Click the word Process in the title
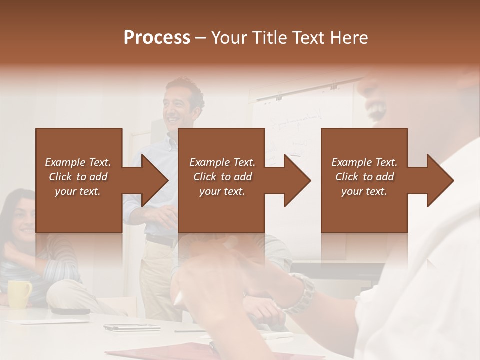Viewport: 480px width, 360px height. point(157,38)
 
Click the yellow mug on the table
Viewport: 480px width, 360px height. point(19,293)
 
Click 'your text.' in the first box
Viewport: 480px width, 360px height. point(78,191)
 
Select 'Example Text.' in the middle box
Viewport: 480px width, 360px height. point(222,162)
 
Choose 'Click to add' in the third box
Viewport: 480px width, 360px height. point(365,177)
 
